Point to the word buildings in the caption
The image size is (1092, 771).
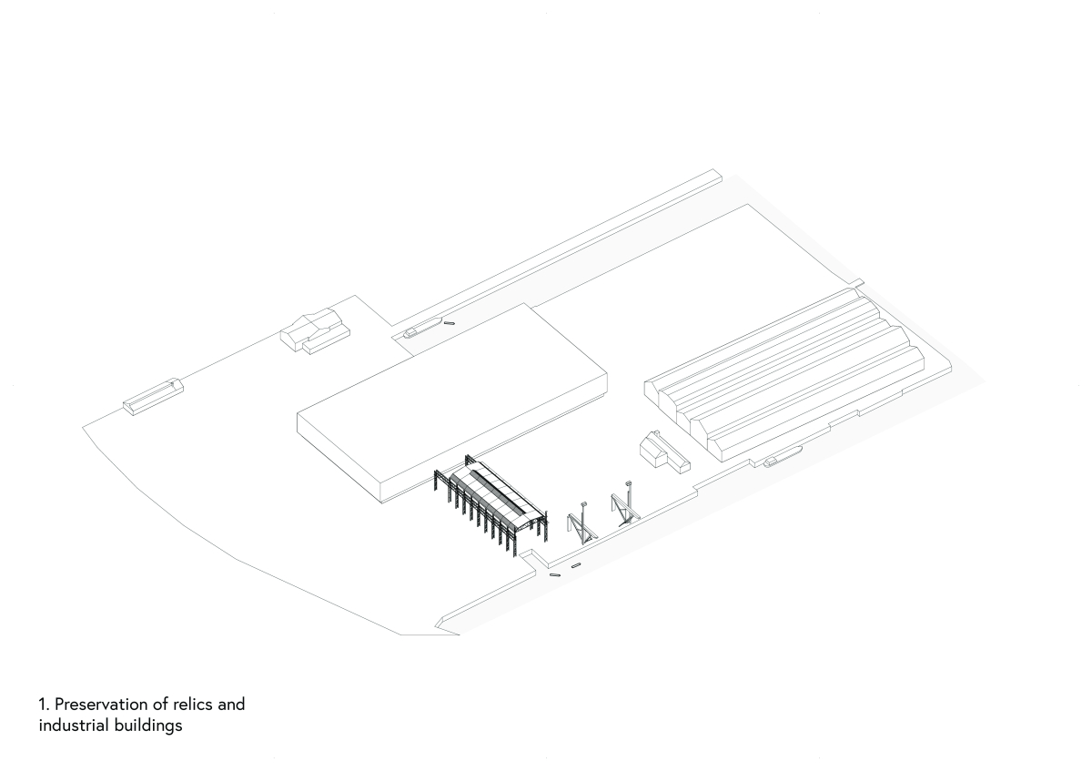coord(148,726)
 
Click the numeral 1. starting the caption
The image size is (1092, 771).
coord(45,705)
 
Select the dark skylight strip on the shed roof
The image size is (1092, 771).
coord(499,490)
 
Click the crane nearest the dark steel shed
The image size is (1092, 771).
coord(582,522)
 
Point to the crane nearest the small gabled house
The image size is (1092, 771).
coord(625,503)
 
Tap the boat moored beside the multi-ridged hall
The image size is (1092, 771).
coord(783,456)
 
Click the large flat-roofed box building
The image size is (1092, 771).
coord(452,401)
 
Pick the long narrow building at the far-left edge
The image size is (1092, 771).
coord(153,397)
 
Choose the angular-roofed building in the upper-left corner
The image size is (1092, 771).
coord(315,330)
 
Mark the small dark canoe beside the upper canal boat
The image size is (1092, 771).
coord(449,323)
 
